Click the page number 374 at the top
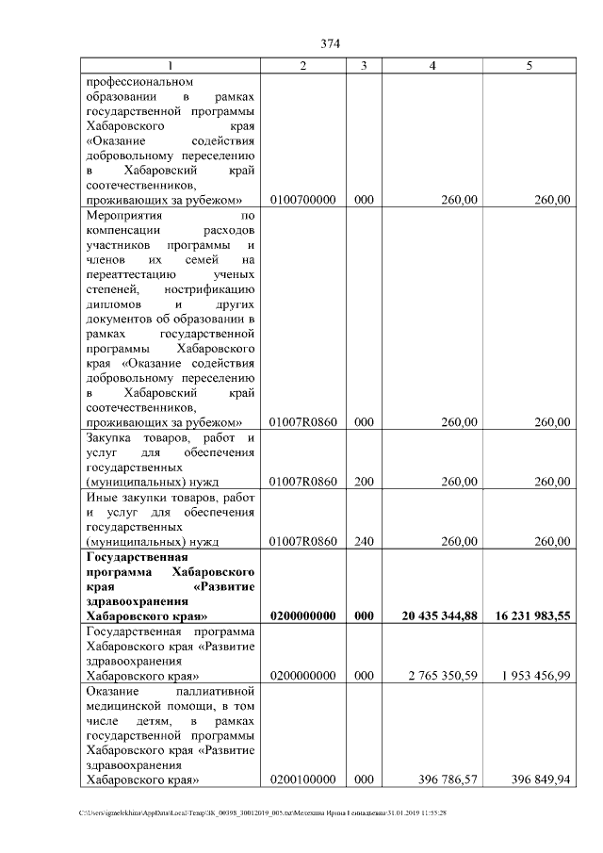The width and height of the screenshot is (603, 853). [330, 44]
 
